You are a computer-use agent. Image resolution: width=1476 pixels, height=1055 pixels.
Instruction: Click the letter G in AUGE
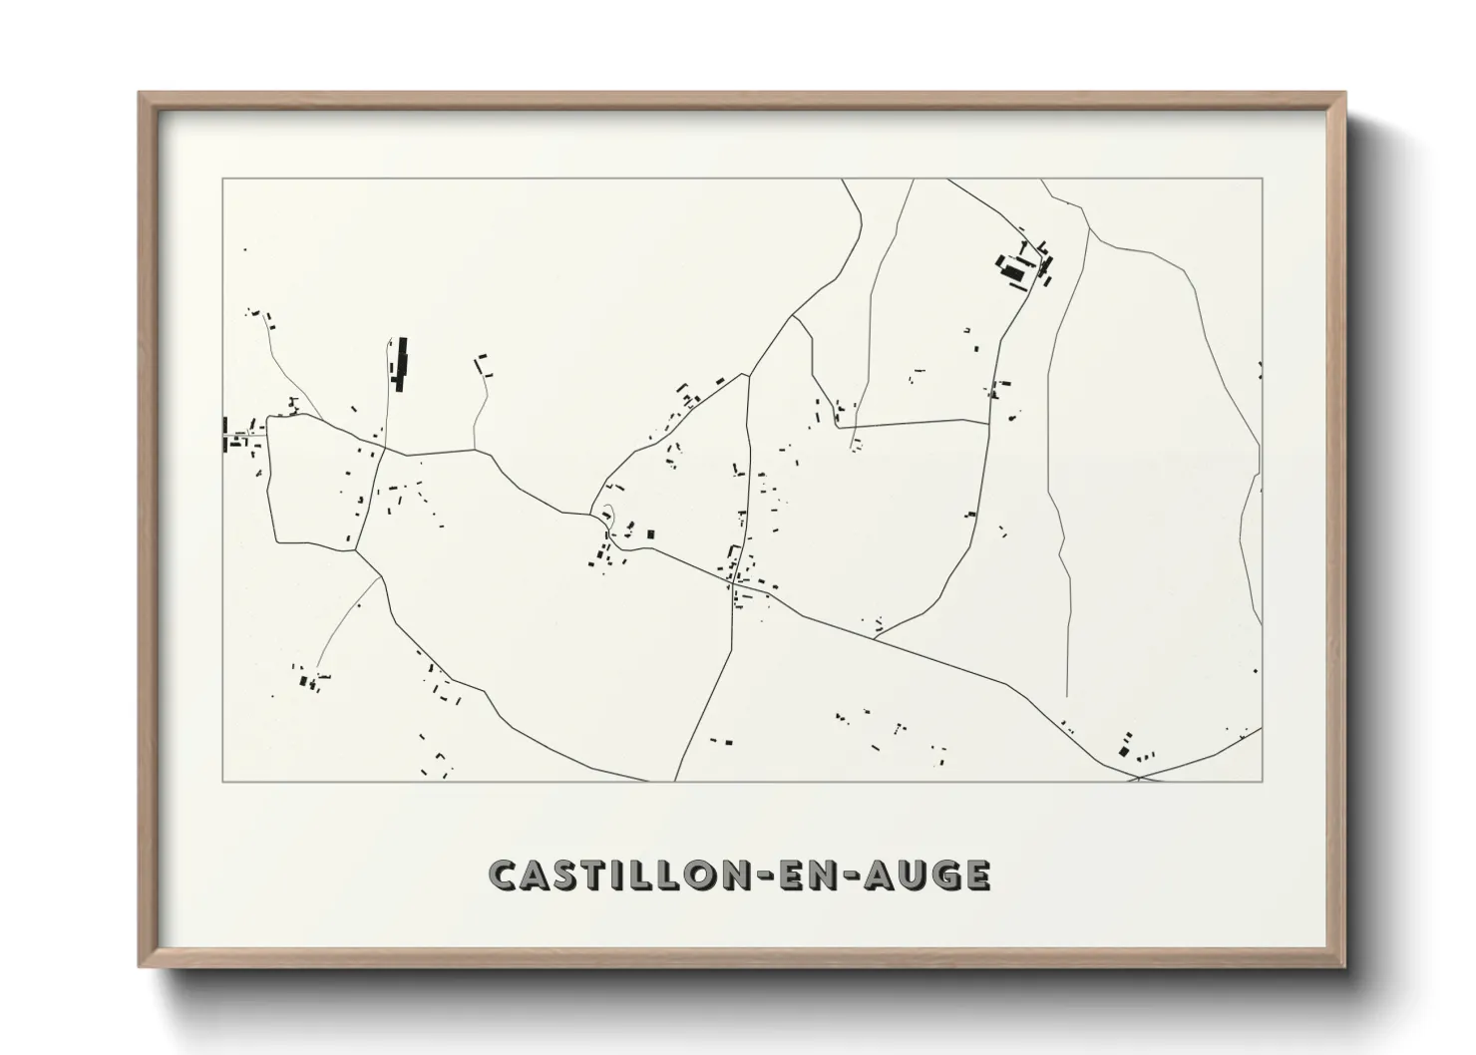(946, 875)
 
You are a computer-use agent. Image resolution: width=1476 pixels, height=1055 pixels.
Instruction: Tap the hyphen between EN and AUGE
(861, 876)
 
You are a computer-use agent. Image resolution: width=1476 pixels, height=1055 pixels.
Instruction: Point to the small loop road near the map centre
(606, 518)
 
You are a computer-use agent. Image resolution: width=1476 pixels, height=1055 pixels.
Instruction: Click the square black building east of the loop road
(651, 534)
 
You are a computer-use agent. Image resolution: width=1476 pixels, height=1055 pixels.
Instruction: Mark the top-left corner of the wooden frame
(141, 94)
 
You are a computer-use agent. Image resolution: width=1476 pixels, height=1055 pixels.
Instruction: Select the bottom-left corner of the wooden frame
(141, 966)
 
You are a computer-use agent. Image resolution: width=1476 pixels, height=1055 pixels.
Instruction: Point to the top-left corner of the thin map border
(222, 178)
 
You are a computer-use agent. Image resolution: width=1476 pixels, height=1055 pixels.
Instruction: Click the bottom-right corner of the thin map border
(1263, 781)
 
